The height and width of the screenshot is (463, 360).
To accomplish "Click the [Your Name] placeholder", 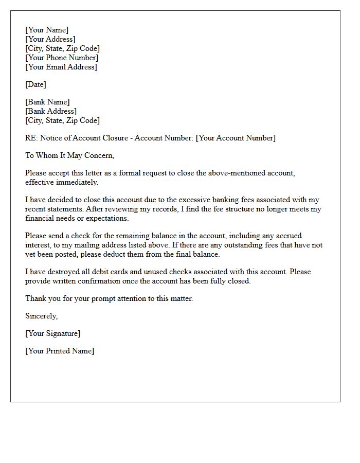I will coord(47,30).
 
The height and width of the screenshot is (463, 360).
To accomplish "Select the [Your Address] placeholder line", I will coord(50,39).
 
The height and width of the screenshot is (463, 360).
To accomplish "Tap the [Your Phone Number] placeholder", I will coord(62,58).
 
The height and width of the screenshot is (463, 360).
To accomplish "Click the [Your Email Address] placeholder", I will coord(61,67).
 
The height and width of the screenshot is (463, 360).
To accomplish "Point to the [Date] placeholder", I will coord(35,84).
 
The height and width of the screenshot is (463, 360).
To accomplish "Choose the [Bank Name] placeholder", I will coord(47,102).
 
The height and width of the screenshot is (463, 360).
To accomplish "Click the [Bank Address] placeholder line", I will coord(51,111).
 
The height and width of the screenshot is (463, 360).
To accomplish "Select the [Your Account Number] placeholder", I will coord(236,138).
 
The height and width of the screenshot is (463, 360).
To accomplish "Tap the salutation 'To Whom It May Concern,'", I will coord(69,155).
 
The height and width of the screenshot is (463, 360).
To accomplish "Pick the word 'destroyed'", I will coord(64,272).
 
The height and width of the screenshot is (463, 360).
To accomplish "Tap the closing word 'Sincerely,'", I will coord(42,316).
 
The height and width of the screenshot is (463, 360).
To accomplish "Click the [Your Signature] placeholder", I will coord(52,333).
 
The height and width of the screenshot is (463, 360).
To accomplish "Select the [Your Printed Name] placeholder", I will coord(60,351).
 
